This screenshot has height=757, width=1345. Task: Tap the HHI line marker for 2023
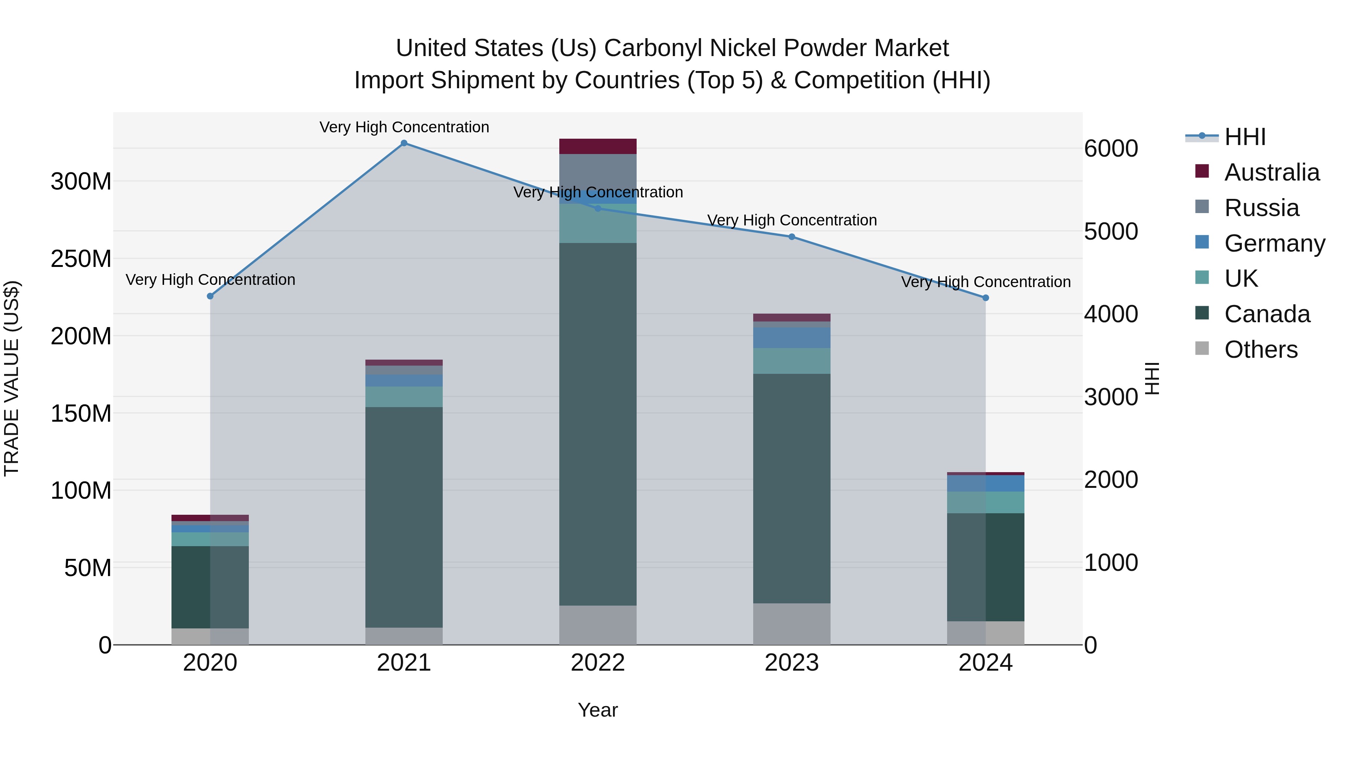click(792, 237)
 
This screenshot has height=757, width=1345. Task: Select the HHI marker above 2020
click(210, 296)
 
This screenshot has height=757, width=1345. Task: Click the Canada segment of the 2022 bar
click(598, 423)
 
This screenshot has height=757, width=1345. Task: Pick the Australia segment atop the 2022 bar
click(598, 146)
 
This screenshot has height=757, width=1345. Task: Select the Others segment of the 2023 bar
click(792, 624)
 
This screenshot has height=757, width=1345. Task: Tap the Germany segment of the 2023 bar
click(792, 338)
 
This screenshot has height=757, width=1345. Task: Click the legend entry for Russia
click(1261, 208)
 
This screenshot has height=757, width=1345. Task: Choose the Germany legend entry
click(1274, 243)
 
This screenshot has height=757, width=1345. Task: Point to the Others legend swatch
click(1202, 348)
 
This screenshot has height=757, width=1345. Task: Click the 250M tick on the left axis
click(81, 259)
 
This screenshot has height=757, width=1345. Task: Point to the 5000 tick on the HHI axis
click(1111, 231)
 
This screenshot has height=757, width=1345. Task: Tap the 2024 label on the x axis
click(985, 663)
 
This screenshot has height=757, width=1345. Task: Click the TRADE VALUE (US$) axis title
click(12, 378)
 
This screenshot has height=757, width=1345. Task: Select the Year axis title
click(597, 710)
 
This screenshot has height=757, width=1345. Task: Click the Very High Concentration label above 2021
click(404, 127)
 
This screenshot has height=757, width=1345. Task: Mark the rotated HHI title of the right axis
click(1152, 378)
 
